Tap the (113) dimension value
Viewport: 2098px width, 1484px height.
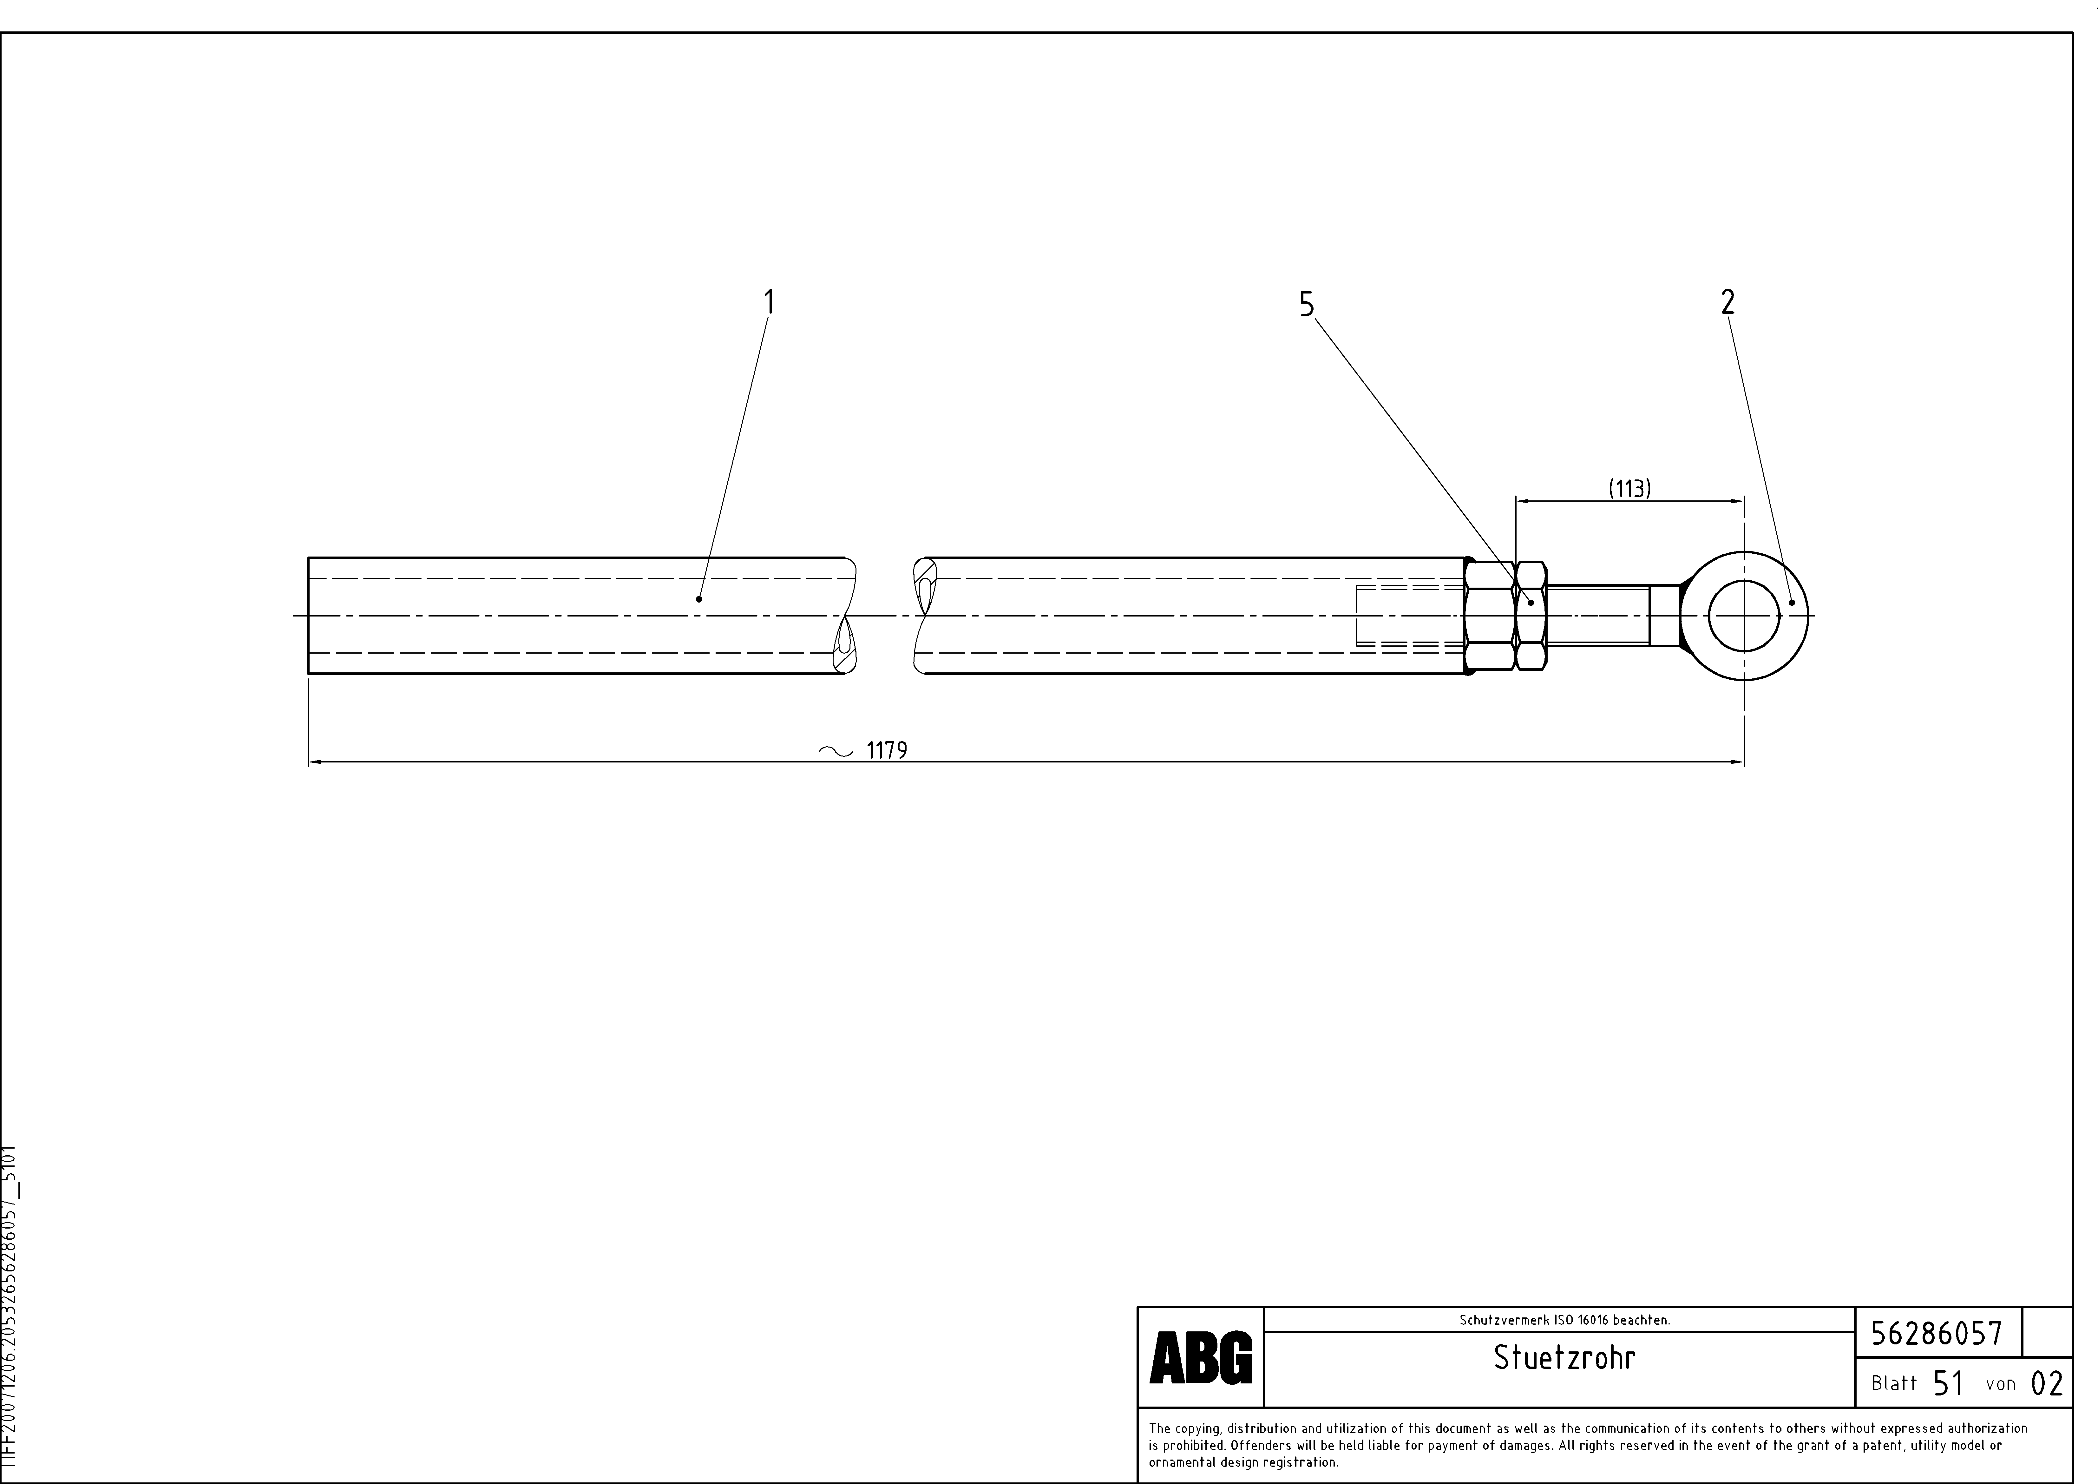click(1629, 489)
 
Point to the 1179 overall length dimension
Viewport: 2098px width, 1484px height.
click(886, 750)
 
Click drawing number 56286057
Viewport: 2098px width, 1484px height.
click(1936, 1333)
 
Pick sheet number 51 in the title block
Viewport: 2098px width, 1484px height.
click(1948, 1383)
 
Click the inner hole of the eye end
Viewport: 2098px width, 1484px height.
click(1744, 616)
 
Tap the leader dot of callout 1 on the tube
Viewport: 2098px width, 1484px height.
click(699, 598)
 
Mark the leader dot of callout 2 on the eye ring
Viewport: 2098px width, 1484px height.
click(1792, 602)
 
